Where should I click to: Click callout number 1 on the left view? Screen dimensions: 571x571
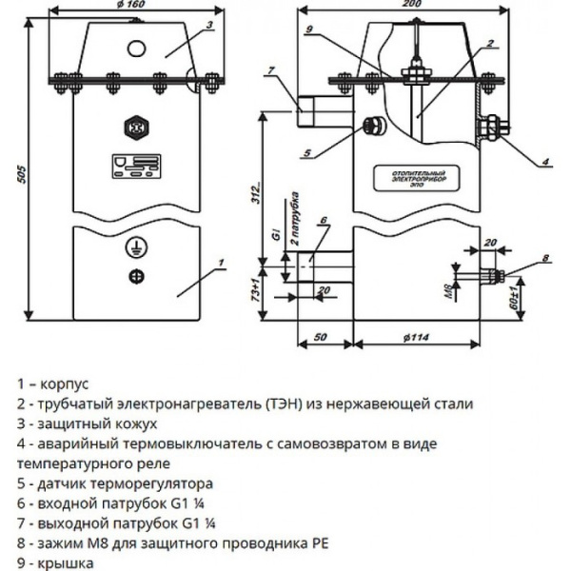pyautogui.click(x=219, y=261)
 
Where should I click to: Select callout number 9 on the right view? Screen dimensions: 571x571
pyautogui.click(x=309, y=30)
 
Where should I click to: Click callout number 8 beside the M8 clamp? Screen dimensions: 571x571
pyautogui.click(x=546, y=259)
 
